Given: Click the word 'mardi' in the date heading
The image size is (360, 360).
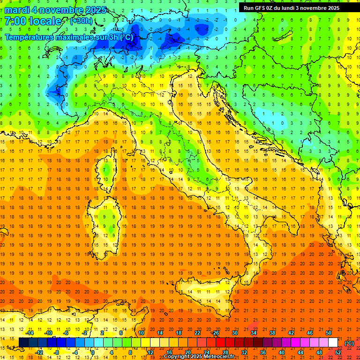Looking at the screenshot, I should click(x=17, y=10).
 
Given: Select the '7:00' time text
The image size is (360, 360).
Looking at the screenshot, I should click(x=15, y=21).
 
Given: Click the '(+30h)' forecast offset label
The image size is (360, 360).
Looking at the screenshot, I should click(x=81, y=21).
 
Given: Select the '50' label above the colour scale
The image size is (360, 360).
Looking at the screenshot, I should click(x=329, y=333).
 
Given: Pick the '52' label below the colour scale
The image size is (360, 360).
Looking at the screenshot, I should click(x=338, y=352).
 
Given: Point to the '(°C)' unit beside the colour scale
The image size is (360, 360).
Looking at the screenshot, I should click(x=349, y=343).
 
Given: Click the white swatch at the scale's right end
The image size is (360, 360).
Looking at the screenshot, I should click(x=333, y=343).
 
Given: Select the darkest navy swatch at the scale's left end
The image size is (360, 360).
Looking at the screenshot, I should click(x=23, y=343).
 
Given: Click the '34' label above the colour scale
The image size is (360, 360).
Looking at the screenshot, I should click(x=254, y=333).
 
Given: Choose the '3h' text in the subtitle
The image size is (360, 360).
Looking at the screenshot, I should click(x=115, y=37).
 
